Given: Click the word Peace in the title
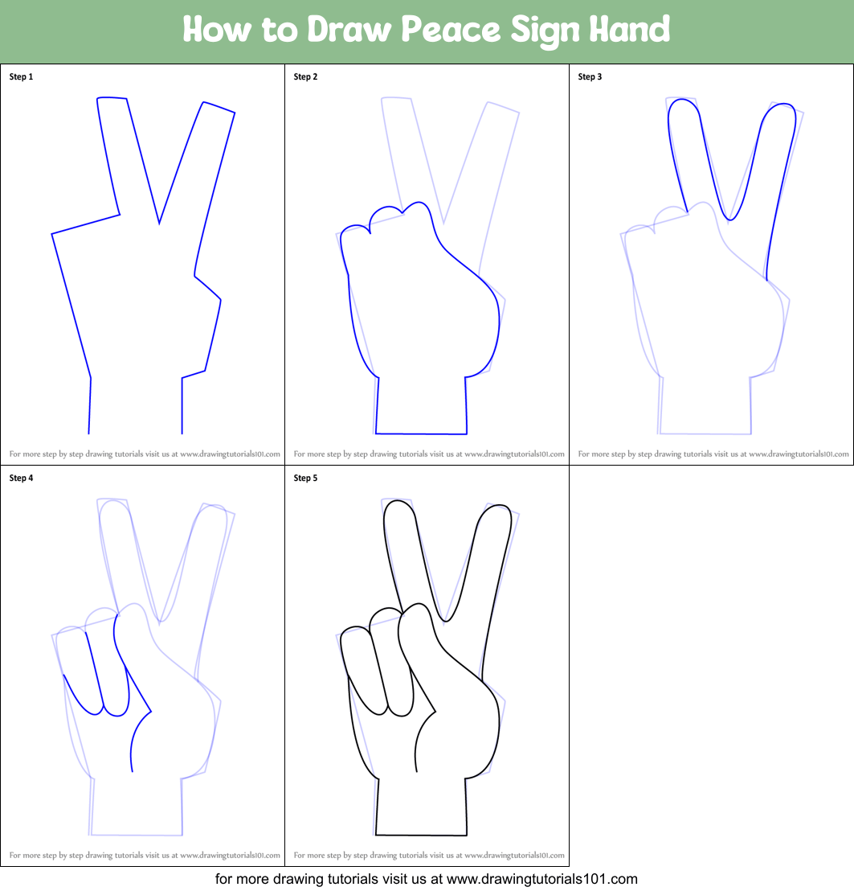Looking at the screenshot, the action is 451,29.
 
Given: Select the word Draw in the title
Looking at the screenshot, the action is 349,29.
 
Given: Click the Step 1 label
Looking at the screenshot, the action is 21,76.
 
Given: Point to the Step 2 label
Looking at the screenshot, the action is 305,76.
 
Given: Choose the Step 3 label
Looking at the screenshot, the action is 590,76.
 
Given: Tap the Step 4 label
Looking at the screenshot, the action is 21,478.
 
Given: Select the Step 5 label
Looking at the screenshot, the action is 305,478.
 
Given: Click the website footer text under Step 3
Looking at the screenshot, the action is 713,454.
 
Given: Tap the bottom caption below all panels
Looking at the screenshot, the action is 427,879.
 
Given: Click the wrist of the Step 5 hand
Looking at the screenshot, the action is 421,806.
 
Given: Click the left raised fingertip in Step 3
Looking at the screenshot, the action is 682,103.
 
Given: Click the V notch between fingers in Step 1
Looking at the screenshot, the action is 159,224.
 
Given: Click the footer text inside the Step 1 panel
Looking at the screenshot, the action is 145,454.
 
